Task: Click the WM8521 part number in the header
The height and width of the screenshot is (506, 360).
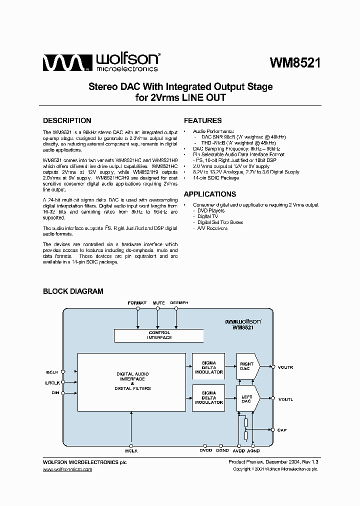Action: tap(295, 63)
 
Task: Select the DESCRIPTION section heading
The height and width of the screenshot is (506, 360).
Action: tap(67, 120)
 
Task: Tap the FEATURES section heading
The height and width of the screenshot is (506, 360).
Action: tap(202, 120)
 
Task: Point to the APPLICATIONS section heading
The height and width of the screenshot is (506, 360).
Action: tap(210, 194)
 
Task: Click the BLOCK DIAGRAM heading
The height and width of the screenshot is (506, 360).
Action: tap(73, 291)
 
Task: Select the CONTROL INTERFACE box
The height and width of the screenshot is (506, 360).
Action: tap(159, 335)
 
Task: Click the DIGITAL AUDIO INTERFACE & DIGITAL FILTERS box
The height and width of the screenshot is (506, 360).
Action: tap(132, 381)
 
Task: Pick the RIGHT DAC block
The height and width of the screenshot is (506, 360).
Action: tap(247, 366)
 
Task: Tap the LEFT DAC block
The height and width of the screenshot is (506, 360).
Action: tap(247, 398)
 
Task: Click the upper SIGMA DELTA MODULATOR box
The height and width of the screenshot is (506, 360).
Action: tap(208, 366)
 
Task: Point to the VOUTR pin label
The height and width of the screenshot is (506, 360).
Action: tap(285, 367)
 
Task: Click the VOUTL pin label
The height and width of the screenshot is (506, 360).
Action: tap(285, 399)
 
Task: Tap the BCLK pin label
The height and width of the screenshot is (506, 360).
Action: tap(52, 372)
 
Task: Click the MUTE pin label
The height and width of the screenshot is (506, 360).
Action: tap(158, 303)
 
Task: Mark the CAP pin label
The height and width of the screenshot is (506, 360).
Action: tap(282, 430)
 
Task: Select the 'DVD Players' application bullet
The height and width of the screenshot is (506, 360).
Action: tap(211, 210)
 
